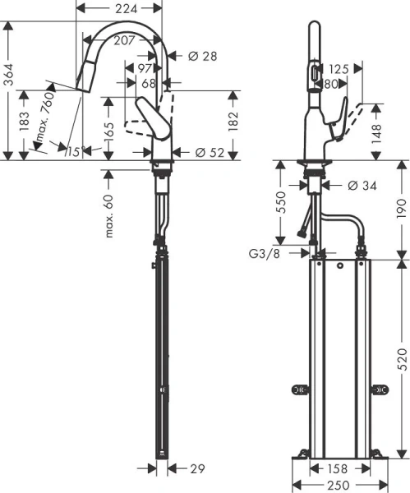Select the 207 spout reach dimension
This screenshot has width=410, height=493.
tap(124, 40)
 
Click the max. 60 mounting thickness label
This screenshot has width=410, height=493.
tap(108, 215)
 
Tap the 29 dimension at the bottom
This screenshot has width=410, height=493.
tap(197, 468)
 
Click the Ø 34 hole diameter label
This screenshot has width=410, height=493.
tap(362, 186)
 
